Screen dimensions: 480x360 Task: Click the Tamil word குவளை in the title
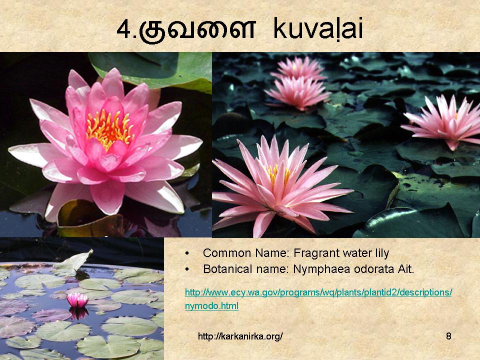(x=197, y=29)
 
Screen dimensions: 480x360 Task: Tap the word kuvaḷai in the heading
(x=318, y=28)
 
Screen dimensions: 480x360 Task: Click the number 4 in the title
(x=124, y=29)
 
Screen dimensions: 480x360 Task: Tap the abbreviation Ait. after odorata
(x=406, y=269)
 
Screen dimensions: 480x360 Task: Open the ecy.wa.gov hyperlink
(x=318, y=292)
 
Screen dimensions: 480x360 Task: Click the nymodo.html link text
(x=211, y=306)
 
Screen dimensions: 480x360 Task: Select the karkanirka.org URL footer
(x=240, y=336)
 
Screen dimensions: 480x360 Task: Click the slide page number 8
(x=448, y=336)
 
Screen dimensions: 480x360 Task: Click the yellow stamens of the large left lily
(x=109, y=128)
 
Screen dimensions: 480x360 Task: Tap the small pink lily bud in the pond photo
(x=77, y=300)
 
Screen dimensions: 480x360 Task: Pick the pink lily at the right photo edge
(x=444, y=121)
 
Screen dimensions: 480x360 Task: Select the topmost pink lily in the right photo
(x=298, y=68)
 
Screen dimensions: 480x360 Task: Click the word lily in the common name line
(x=381, y=253)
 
